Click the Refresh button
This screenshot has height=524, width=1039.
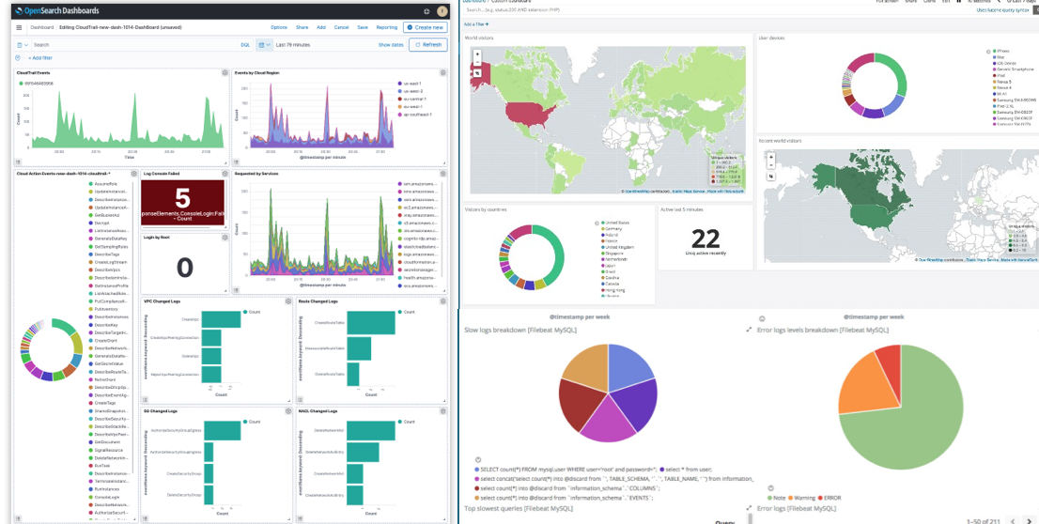pos(427,44)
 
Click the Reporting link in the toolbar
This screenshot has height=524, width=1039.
pos(387,27)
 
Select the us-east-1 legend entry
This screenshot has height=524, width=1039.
pos(413,84)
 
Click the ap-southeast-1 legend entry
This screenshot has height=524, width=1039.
pos(418,114)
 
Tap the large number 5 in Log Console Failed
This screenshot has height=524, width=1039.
pos(183,198)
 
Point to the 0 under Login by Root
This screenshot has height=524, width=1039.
pos(184,269)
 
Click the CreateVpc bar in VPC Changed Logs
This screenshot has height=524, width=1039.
pos(222,320)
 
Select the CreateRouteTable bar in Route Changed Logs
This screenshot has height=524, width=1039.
pos(365,322)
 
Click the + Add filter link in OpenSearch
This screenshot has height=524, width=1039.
pos(39,58)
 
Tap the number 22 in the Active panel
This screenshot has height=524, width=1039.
pos(705,239)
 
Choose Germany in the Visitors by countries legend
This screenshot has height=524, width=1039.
pos(613,228)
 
